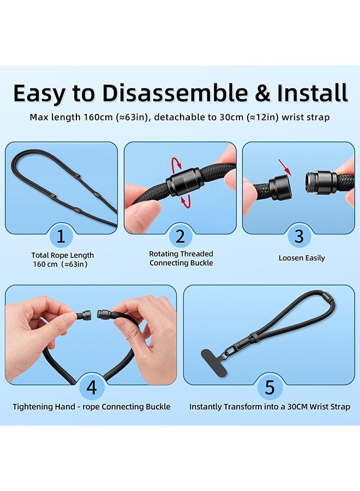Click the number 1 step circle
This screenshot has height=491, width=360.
click(61, 237)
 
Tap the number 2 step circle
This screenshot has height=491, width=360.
click(180, 237)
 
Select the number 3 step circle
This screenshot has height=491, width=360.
click(299, 237)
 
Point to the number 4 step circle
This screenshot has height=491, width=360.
click(91, 387)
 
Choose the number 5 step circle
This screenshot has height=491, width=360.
click(269, 387)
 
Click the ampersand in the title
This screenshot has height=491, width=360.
click(262, 94)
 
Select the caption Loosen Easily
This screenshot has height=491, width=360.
click(302, 258)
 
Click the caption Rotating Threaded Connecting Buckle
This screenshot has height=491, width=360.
click(181, 259)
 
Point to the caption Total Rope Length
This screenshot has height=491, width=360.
click(62, 255)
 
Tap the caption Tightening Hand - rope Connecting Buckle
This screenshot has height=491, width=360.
click(92, 407)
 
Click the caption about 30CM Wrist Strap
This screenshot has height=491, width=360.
click(269, 407)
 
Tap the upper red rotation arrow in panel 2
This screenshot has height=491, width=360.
click(175, 164)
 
